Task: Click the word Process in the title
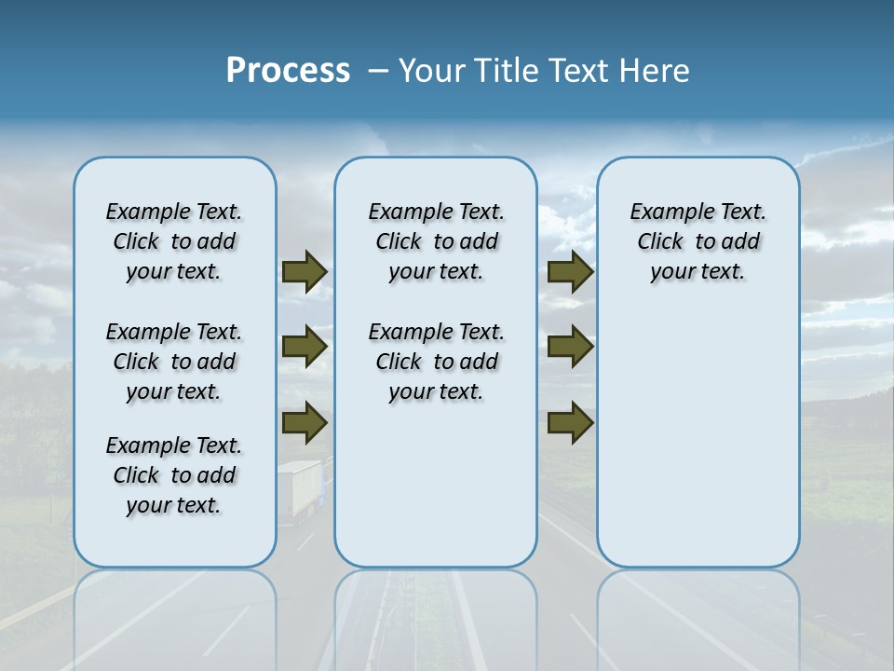288,71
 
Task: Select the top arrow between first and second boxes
305,272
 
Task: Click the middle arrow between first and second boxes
305,347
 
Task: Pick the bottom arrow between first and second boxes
305,423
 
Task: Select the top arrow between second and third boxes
570,272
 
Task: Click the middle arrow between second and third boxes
570,347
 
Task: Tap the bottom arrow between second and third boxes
570,423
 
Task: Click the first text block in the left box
174,241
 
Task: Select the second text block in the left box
174,362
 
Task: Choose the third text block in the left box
174,475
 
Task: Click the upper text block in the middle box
436,241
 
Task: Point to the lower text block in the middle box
436,362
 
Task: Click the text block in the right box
698,241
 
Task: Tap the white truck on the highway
299,488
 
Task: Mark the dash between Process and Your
378,71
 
